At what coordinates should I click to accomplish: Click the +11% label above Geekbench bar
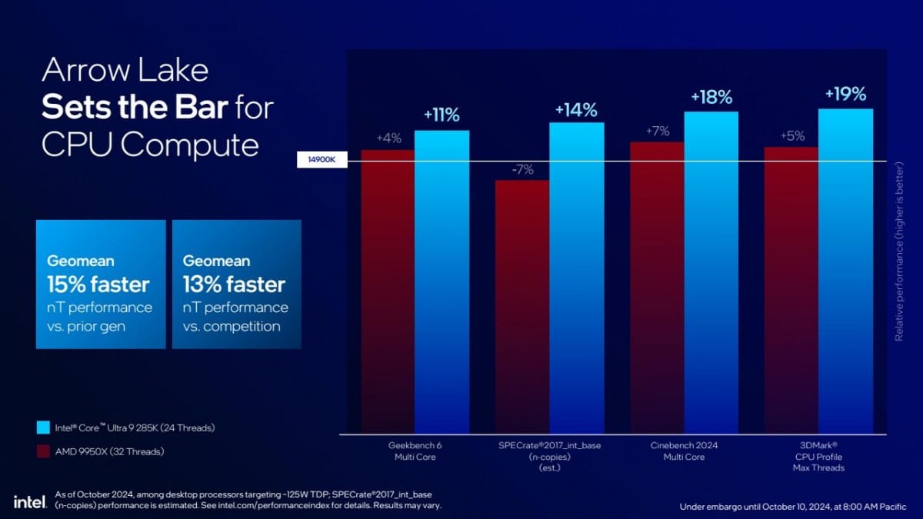tap(442, 116)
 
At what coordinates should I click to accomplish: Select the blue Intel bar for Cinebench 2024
tap(711, 273)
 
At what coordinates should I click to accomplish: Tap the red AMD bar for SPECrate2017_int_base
tap(522, 308)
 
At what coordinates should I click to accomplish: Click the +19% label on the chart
tap(845, 95)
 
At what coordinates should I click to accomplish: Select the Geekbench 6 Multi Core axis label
tap(415, 451)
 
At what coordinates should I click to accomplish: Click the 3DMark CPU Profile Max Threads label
tap(818, 456)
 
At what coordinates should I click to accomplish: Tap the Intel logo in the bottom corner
tap(30, 501)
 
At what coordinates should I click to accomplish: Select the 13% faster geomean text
tap(234, 284)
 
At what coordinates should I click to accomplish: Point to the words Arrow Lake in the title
tap(125, 72)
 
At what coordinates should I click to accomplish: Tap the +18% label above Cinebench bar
tap(711, 98)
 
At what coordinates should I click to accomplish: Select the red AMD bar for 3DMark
tap(791, 292)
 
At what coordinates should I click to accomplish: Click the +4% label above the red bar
tap(388, 138)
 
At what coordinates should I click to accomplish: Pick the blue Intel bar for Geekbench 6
tap(442, 281)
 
